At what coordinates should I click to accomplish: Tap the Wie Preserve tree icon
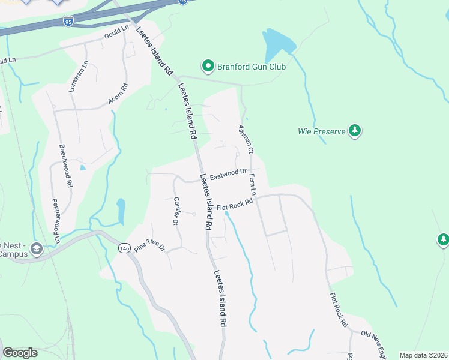tap(355, 130)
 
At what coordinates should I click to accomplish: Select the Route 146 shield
tap(124, 248)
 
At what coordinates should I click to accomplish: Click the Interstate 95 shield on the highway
tap(68, 22)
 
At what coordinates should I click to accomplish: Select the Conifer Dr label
tap(176, 211)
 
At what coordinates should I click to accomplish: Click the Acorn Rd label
tap(119, 94)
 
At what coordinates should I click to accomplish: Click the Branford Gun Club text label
tap(252, 67)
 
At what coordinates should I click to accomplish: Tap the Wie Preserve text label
tap(321, 131)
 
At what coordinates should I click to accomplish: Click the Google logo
tap(20, 353)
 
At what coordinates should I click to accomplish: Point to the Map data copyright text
tap(424, 355)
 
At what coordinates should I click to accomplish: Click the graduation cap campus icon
tap(36, 248)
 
